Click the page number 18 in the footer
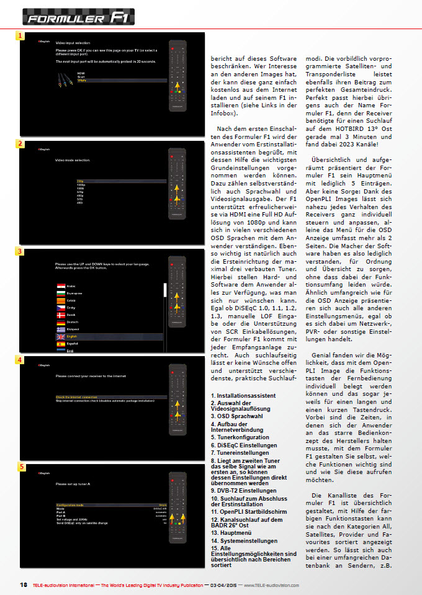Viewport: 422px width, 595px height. [24, 585]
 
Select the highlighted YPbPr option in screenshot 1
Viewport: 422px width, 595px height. [82, 81]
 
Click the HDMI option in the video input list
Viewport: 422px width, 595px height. [81, 73]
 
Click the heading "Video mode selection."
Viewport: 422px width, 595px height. [73, 160]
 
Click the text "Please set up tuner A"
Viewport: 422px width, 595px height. [73, 483]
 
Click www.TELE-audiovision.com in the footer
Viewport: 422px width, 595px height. [271, 585]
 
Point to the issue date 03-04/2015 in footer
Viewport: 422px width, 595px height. [221, 585]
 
